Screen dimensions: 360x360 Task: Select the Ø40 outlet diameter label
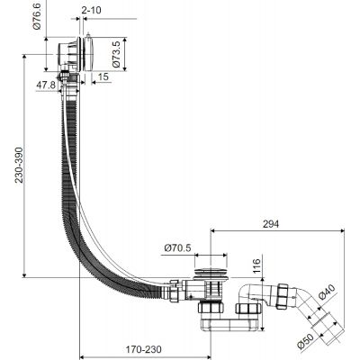click(327, 292)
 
